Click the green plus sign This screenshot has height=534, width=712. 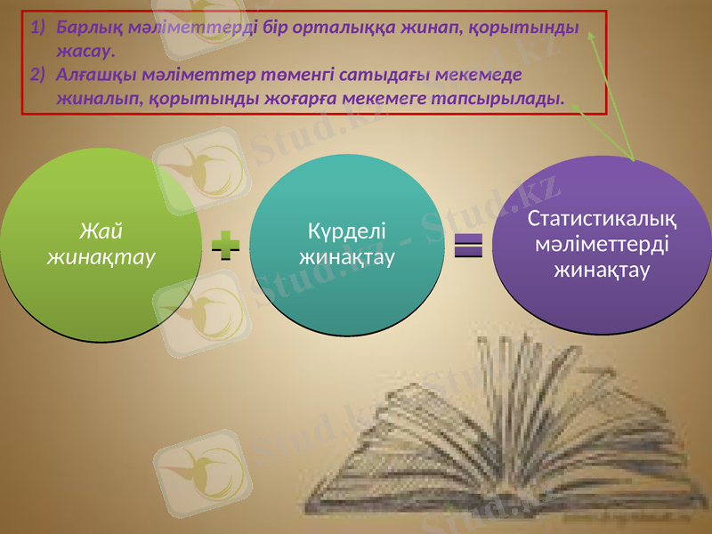pos(228,246)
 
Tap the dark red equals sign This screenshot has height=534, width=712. pos(467,246)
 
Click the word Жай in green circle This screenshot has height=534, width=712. pos(101,232)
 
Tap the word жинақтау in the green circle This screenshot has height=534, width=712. pos(101,256)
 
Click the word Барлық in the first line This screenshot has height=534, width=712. pos(85,27)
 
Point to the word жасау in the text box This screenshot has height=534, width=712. pos(84,50)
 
